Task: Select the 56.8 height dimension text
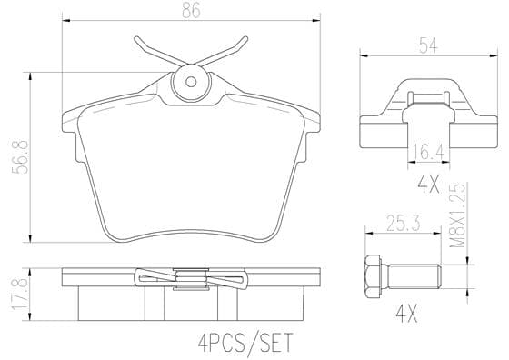20,157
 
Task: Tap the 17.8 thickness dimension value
19,295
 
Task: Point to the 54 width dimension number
428,45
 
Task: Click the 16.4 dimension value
428,153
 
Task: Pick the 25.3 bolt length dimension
404,224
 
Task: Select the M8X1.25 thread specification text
458,215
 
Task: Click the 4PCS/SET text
245,343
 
